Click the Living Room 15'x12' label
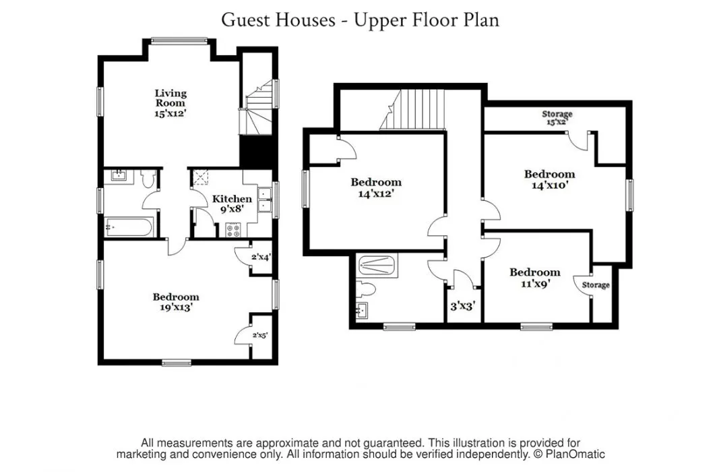pos(170,104)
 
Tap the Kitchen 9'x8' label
pos(232,204)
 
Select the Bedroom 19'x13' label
pos(176,302)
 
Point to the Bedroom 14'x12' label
pos(376,187)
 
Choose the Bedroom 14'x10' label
pos(550,179)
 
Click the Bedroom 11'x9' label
pos(535,277)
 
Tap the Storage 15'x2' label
pos(557,118)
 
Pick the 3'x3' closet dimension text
pos(462,306)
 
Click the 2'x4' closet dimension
pos(261,257)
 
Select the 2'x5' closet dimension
pos(260,335)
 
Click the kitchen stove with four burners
pos(234,230)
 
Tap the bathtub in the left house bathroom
pos(129,227)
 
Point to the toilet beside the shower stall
pos(366,289)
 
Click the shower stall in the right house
pos(377,266)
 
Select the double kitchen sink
pos(265,199)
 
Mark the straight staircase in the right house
pos(412,109)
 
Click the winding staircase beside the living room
pos(258,109)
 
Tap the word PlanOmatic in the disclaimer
pos(575,454)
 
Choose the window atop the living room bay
pos(179,41)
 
